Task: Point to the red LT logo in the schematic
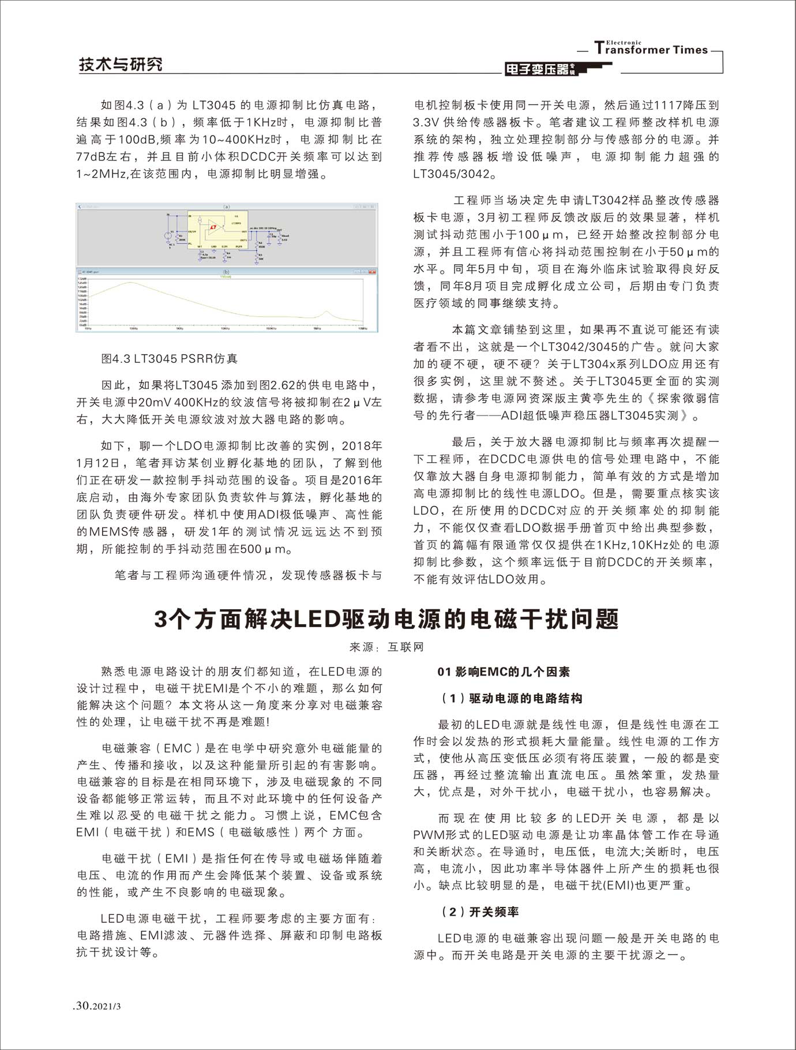pos(213,227)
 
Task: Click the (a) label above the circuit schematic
pos(227,207)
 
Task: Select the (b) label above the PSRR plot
pos(227,272)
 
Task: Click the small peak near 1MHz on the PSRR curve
pos(326,313)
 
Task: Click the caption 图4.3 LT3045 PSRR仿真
pos(169,358)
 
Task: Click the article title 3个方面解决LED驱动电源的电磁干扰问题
pos(386,619)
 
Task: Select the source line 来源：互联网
pos(386,647)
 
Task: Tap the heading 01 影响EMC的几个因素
pos(504,672)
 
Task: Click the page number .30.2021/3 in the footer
pos(98,1006)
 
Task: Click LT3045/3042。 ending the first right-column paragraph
pos(455,174)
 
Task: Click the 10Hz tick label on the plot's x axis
pos(88,329)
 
